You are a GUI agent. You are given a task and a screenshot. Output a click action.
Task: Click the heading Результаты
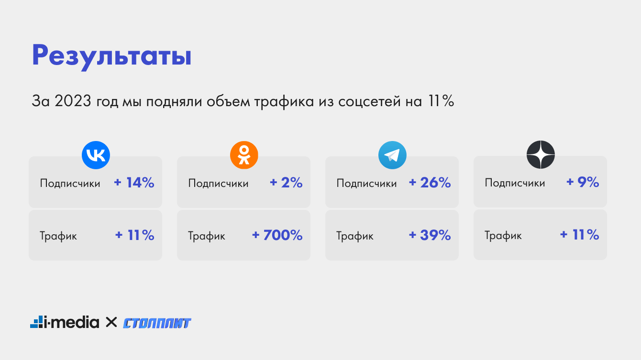111,56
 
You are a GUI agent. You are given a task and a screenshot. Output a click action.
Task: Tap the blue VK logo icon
96,155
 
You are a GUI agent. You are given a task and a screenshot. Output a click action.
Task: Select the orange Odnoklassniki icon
244,155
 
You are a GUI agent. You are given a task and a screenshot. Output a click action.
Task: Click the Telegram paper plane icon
392,155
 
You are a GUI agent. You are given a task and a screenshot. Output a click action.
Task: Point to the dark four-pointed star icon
541,155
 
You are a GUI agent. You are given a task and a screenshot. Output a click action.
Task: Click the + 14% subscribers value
134,183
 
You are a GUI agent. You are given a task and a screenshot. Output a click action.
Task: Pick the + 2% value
286,183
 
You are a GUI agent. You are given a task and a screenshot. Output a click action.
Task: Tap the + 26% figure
430,183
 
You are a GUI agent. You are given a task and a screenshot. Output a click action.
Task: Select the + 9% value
583,182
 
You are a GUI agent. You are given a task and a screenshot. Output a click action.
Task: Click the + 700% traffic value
277,235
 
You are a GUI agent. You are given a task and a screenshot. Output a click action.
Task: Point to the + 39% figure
430,235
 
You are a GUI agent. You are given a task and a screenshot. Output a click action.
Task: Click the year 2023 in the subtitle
73,101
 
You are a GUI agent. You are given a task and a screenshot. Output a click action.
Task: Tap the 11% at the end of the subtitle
441,101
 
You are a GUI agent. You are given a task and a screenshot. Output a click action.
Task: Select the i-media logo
65,322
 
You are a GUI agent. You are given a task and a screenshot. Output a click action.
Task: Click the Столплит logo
157,323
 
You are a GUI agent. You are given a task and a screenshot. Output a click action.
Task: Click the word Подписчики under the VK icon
70,183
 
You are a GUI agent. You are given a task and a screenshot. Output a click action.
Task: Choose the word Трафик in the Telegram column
355,236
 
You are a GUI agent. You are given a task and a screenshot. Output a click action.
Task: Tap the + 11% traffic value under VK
134,235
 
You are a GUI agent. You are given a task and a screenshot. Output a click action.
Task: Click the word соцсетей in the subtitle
369,101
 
